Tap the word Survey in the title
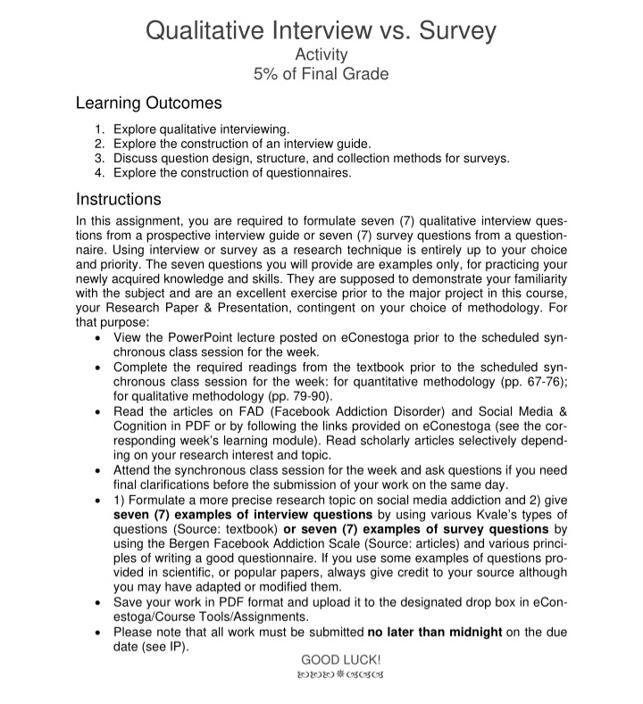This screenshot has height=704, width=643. (451, 31)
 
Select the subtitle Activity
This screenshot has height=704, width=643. (321, 55)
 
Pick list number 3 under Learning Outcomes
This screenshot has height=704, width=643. (100, 158)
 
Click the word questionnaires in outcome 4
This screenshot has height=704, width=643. (307, 173)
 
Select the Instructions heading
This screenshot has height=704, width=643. (118, 198)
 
